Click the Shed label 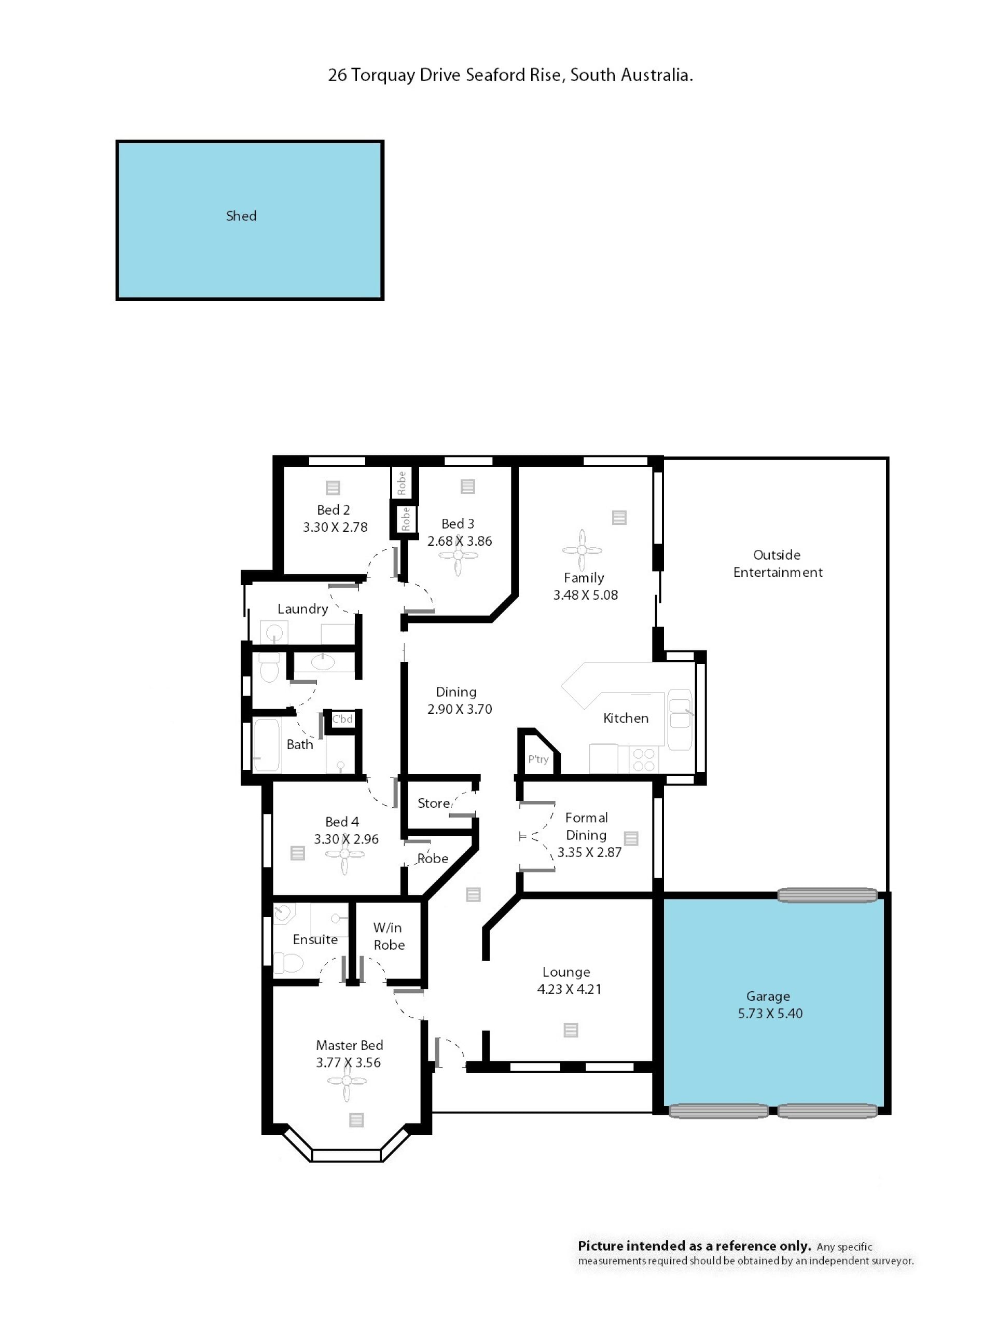pyautogui.click(x=241, y=216)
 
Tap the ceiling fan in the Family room pyautogui.click(x=582, y=550)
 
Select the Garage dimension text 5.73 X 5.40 pyautogui.click(x=770, y=1014)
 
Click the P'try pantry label pyautogui.click(x=538, y=759)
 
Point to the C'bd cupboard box pyautogui.click(x=342, y=719)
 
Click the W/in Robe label pyautogui.click(x=389, y=936)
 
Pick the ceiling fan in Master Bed pyautogui.click(x=347, y=1081)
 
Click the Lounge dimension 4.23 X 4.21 pyautogui.click(x=569, y=989)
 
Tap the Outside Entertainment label pyautogui.click(x=778, y=563)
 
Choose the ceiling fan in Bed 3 pyautogui.click(x=458, y=556)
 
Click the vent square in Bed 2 pyautogui.click(x=333, y=488)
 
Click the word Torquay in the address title pyautogui.click(x=383, y=75)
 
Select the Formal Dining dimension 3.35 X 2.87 pyautogui.click(x=589, y=852)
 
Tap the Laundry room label pyautogui.click(x=302, y=610)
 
